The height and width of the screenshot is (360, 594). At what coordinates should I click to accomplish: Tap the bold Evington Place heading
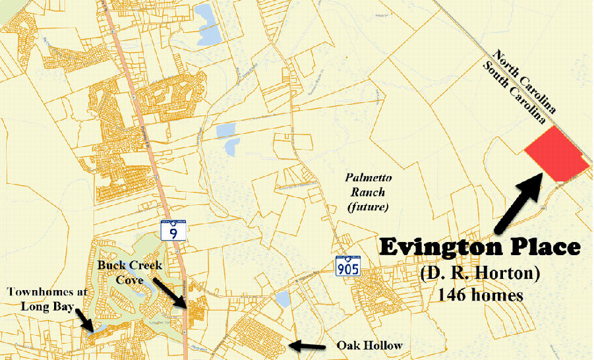pos(480,247)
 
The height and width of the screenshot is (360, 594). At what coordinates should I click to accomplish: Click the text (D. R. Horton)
pos(479,273)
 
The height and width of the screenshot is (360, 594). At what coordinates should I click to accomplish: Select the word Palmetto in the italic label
pos(365,177)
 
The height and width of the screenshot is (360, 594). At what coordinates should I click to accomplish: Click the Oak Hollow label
pos(360,345)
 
